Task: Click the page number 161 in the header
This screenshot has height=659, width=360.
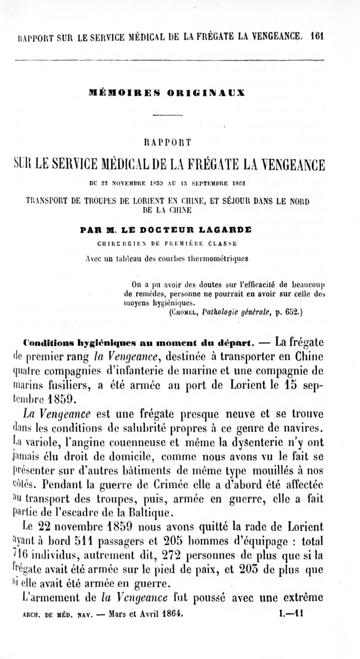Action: click(317, 36)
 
